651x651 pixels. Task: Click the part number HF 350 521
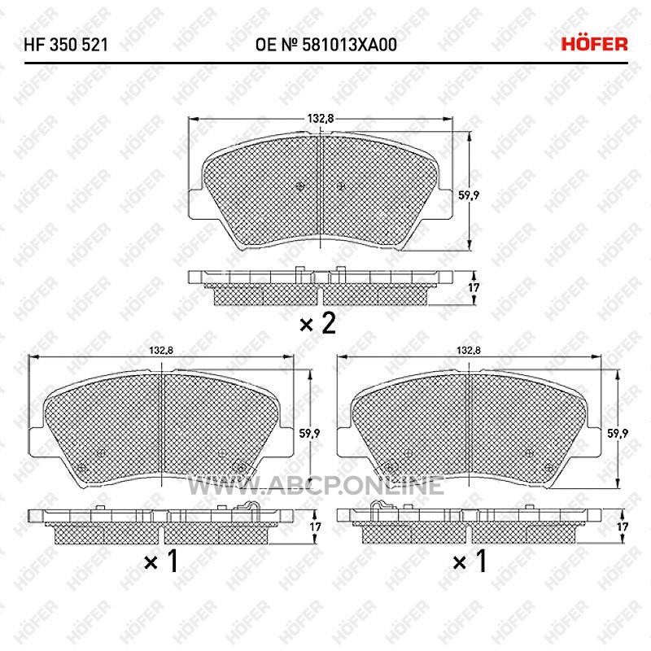pos(66,45)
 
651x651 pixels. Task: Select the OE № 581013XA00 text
pos(326,45)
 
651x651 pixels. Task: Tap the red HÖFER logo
pos(594,44)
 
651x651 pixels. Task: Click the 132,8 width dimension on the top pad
pos(320,118)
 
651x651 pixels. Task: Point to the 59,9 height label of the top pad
pos(469,194)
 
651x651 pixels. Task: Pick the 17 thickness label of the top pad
pos(474,287)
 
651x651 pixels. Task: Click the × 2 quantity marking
pos(317,323)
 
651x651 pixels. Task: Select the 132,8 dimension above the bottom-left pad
pos(161,351)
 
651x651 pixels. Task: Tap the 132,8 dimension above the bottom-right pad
pos(469,351)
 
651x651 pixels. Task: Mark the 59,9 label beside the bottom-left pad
pos(309,434)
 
